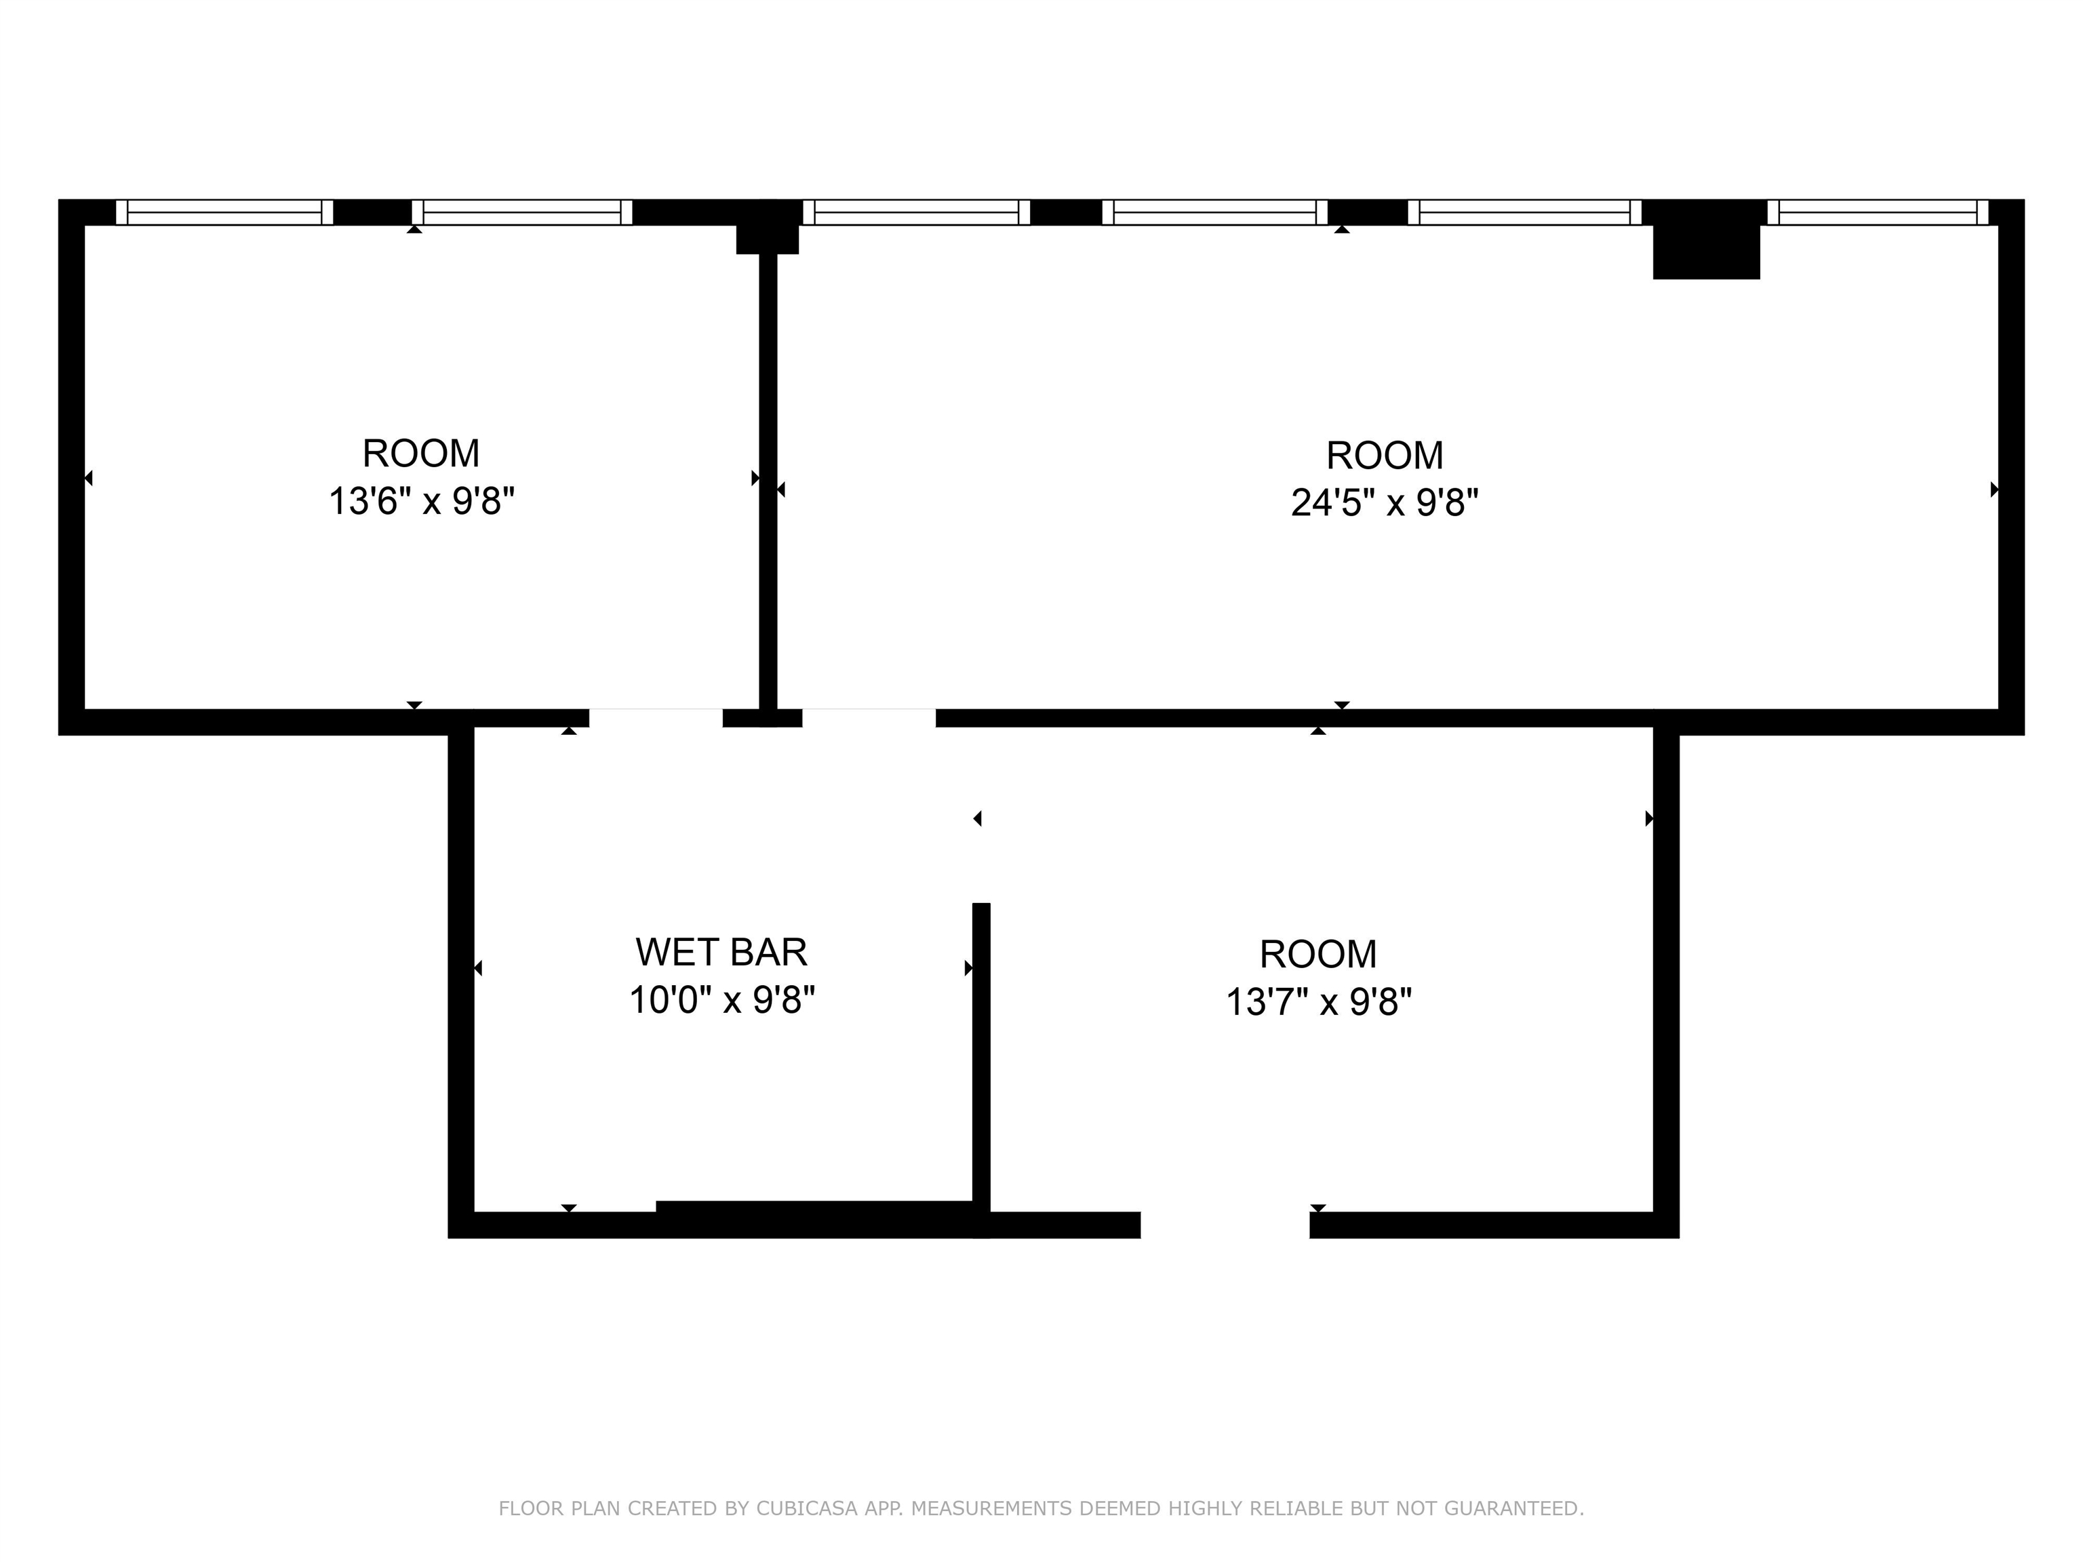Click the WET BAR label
[721, 952]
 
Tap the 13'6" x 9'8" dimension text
[421, 501]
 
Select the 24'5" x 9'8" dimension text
[1385, 503]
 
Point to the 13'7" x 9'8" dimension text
[1318, 1002]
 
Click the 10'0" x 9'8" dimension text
[721, 1000]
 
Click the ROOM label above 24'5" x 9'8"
[1385, 456]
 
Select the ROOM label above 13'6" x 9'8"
[421, 454]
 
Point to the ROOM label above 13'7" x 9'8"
[1318, 955]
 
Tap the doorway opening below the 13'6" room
[656, 719]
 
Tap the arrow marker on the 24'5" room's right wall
[1994, 489]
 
